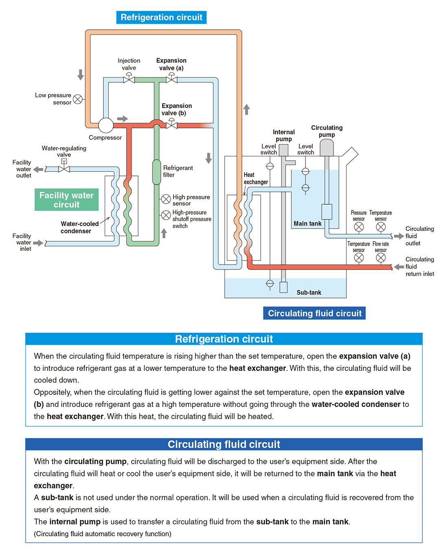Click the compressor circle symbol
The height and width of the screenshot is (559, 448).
(x=106, y=125)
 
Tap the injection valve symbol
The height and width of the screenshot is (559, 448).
(x=129, y=78)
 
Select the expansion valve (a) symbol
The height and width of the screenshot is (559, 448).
(x=171, y=78)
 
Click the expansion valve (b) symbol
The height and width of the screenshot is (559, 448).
(x=171, y=124)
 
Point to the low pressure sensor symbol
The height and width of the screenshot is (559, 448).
(x=78, y=99)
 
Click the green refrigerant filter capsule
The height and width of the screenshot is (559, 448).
(x=156, y=172)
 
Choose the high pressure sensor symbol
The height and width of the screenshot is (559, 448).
(x=166, y=199)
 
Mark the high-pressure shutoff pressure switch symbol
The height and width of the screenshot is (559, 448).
(x=166, y=215)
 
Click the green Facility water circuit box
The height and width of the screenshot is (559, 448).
(x=66, y=199)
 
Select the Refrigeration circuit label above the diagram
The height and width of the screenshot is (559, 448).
(x=161, y=18)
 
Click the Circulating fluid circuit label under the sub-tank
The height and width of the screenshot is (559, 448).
(x=314, y=313)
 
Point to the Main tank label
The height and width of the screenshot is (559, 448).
(x=307, y=224)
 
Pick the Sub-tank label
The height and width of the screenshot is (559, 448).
(x=309, y=292)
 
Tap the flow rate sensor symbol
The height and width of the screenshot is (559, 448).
(x=381, y=258)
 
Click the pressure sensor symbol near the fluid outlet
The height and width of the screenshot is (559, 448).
(x=359, y=227)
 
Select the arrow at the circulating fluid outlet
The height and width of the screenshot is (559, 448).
(x=399, y=236)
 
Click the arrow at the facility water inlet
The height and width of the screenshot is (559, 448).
(x=38, y=243)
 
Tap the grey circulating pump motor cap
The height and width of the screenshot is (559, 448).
(x=327, y=147)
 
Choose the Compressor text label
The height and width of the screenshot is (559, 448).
(x=105, y=138)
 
